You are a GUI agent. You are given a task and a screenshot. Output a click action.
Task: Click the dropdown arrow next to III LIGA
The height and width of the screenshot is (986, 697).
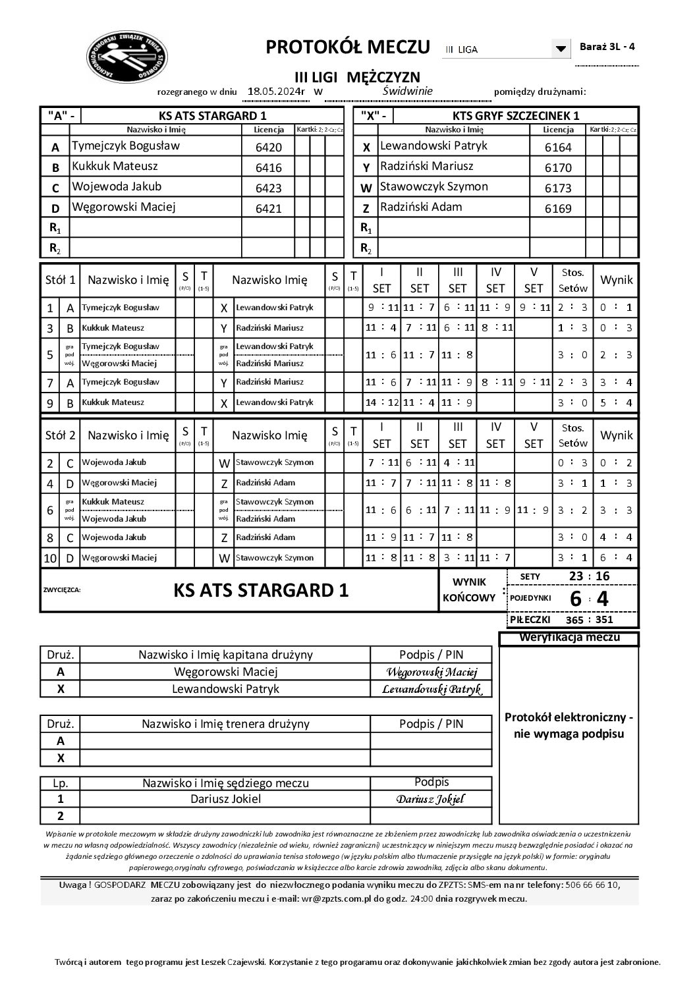click(561, 49)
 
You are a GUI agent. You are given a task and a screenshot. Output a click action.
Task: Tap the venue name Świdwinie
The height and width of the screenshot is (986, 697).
click(408, 91)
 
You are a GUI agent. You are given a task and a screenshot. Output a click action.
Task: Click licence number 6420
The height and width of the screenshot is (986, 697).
click(268, 148)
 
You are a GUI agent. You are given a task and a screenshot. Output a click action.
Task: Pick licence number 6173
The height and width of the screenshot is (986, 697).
click(558, 188)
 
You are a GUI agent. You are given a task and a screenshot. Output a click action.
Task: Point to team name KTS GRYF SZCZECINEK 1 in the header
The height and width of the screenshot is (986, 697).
click(516, 115)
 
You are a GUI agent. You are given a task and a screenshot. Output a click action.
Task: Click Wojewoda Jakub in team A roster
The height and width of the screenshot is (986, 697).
click(117, 187)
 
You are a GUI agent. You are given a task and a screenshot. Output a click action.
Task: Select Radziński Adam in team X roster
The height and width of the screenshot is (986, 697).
click(421, 207)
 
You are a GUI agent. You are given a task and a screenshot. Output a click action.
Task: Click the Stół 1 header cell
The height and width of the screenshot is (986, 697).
click(59, 280)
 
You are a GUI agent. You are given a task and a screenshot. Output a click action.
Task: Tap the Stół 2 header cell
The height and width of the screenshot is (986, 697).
click(59, 435)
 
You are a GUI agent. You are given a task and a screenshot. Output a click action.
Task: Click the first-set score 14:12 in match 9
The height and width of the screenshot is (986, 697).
click(382, 402)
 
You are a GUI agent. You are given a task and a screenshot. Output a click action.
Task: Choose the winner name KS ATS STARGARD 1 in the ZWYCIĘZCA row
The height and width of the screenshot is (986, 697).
click(261, 590)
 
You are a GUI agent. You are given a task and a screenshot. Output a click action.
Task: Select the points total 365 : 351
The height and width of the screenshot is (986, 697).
click(590, 620)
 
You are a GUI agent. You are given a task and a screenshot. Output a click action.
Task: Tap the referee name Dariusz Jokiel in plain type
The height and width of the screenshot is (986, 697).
click(225, 799)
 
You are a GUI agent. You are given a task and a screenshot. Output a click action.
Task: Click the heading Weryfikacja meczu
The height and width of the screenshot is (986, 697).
click(569, 638)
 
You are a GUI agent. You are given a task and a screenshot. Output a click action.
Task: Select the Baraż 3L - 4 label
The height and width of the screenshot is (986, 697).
click(607, 47)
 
